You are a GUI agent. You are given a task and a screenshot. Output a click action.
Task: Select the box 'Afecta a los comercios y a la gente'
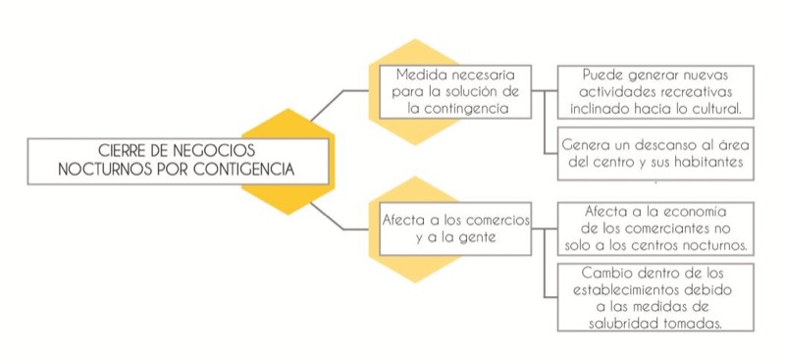pos(452,228)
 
